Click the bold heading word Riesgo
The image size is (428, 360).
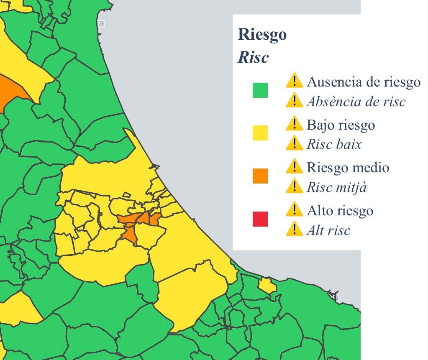point(262,34)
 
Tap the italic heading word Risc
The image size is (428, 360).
point(253,58)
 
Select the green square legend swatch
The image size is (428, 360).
point(260,90)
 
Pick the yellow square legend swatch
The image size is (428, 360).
point(260,133)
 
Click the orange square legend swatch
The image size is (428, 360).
point(260,176)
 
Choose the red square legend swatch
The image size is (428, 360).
point(260,219)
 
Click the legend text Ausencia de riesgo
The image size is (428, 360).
point(363,82)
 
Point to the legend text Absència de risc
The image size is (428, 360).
point(356,102)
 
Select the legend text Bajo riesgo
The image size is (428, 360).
point(341,125)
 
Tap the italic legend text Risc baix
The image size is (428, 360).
point(334,144)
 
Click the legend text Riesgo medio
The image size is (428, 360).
point(348,168)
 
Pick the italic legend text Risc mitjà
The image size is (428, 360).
point(336,187)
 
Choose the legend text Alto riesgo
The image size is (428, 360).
point(339,210)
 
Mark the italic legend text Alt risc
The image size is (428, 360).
point(328,230)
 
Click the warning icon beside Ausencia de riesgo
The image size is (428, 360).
point(295,81)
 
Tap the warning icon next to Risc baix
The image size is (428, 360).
point(295,143)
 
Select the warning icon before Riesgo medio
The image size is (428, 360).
point(295,166)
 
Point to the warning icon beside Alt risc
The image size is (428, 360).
point(295,229)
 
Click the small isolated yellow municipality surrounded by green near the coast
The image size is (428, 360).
point(267,286)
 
